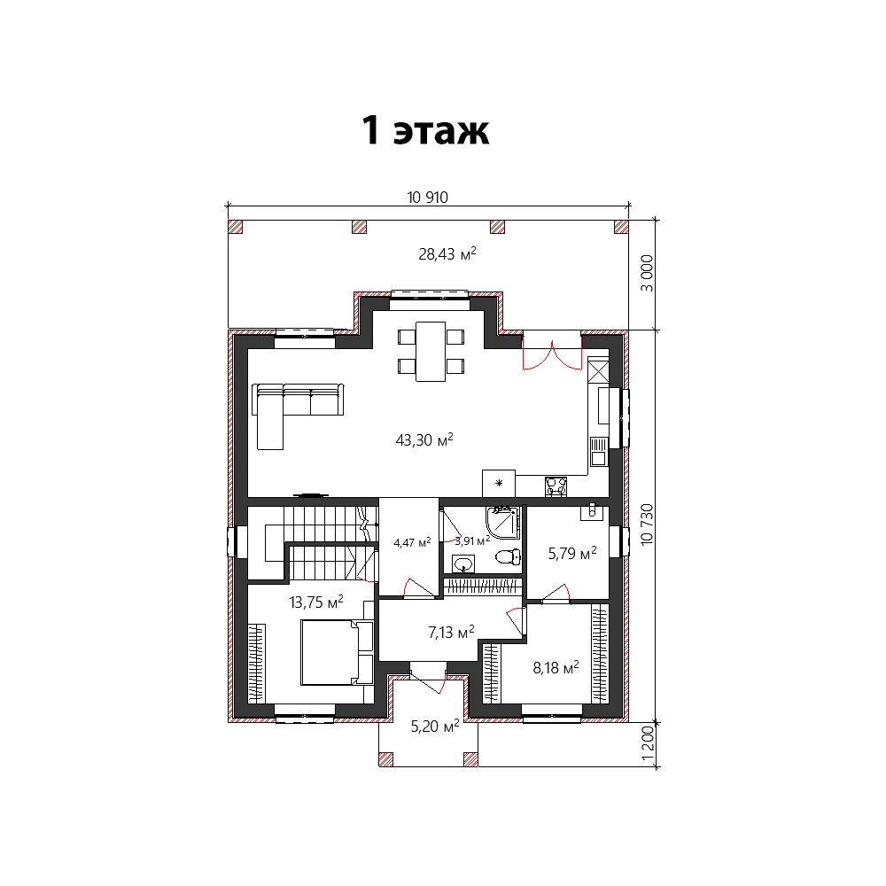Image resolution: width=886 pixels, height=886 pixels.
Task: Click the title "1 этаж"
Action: [x=425, y=130]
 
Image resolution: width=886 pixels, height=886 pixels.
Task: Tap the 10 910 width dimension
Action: [x=427, y=198]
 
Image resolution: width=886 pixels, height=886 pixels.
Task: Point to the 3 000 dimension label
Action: [x=647, y=273]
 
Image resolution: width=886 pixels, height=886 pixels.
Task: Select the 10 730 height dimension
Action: [x=647, y=525]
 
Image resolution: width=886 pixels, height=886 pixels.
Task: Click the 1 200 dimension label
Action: [x=648, y=742]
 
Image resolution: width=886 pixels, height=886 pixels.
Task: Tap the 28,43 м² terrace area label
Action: [x=447, y=253]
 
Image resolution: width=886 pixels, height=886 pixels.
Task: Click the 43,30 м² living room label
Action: [x=424, y=439]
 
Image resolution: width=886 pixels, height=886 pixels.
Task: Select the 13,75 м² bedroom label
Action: [x=316, y=602]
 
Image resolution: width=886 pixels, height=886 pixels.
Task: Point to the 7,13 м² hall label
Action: [x=451, y=632]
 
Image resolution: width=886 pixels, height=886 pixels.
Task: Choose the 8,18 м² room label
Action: [x=556, y=667]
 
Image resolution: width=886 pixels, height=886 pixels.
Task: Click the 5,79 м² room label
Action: [x=572, y=553]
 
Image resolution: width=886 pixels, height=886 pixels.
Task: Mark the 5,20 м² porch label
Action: [x=434, y=727]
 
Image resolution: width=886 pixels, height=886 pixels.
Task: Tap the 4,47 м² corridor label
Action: [x=412, y=542]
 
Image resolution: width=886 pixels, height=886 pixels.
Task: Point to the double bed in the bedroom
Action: [x=337, y=652]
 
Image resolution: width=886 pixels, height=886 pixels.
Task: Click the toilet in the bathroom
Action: [x=508, y=557]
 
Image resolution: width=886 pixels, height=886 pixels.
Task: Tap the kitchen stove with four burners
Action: [x=556, y=486]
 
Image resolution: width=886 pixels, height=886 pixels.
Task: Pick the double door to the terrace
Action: [x=552, y=352]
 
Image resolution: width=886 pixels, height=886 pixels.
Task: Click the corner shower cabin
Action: [x=502, y=522]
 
